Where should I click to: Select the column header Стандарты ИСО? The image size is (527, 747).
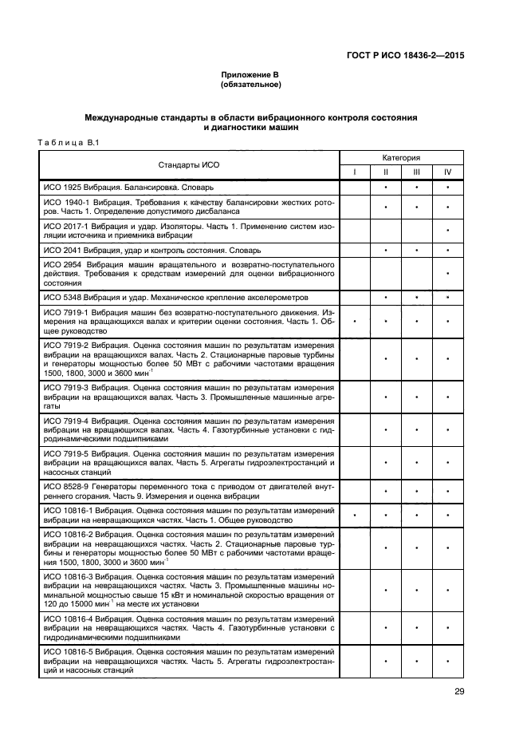pos(188,164)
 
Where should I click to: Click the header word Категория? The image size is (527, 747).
pos(401,158)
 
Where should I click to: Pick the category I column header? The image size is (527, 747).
pos(355,172)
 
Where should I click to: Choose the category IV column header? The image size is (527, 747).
pos(448,172)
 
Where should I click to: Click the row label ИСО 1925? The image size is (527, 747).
pos(58,188)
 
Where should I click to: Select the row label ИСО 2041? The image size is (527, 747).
pos(58,250)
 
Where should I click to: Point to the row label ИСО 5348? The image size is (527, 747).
pos(58,297)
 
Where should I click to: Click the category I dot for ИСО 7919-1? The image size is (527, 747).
pos(355,321)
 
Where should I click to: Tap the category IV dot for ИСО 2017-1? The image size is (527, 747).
pos(448,231)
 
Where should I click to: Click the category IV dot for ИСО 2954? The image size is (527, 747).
pos(448,274)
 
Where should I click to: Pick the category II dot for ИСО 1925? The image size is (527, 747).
pos(386,188)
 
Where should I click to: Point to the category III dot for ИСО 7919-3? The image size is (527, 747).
pos(417,397)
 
